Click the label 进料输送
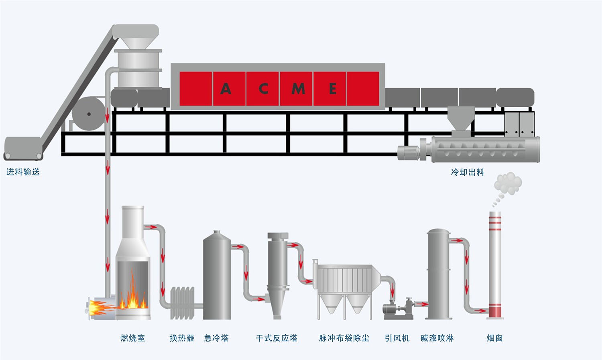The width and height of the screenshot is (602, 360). [23, 172]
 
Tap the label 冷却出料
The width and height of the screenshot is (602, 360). [468, 173]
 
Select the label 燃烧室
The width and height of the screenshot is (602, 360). [133, 338]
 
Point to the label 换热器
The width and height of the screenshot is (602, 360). [182, 338]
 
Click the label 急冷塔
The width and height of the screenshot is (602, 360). [216, 338]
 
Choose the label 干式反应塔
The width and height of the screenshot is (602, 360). [277, 338]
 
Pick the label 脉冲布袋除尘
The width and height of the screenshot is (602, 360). [344, 338]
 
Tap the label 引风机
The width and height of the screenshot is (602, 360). [397, 338]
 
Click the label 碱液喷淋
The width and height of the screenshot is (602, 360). [437, 338]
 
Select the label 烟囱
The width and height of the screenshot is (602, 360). [494, 338]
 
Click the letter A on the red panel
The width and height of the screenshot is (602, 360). [226, 89]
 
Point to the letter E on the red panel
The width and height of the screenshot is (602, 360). [332, 89]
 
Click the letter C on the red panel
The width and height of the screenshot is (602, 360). [263, 89]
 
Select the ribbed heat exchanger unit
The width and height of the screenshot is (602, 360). [183, 303]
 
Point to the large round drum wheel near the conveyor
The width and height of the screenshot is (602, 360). [89, 114]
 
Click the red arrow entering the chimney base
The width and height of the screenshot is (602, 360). [480, 310]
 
